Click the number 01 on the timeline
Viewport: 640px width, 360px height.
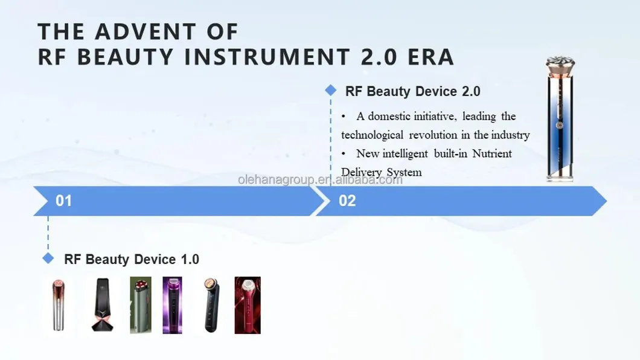(x=63, y=201)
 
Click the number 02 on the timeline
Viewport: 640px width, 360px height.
(x=347, y=201)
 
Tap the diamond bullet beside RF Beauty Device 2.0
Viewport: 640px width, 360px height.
(x=330, y=91)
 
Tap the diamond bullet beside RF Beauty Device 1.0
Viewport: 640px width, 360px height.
(x=48, y=259)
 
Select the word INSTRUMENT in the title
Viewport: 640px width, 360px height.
(x=266, y=57)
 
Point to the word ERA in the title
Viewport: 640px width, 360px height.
(x=430, y=57)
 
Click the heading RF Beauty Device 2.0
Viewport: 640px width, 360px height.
(x=413, y=91)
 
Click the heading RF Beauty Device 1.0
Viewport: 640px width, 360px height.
(x=132, y=259)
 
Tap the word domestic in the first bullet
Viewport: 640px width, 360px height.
(x=389, y=116)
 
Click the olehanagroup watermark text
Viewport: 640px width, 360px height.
(x=320, y=179)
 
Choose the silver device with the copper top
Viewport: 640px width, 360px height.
(x=58, y=304)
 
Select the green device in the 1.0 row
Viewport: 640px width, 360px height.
(x=140, y=305)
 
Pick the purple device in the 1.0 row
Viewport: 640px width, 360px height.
(x=172, y=305)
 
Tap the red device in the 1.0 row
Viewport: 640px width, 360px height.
(x=247, y=305)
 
